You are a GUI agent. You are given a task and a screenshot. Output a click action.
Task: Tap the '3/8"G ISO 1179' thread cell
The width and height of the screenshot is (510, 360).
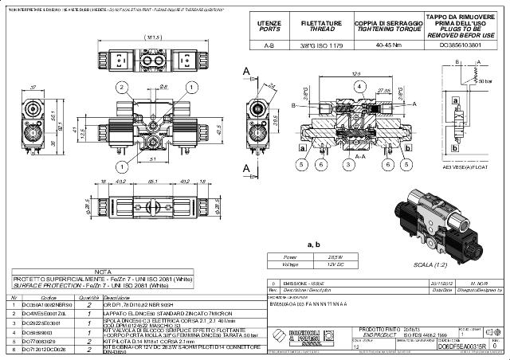coord(321,45)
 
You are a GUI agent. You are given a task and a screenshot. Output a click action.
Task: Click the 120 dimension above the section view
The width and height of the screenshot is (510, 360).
coord(356,74)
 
